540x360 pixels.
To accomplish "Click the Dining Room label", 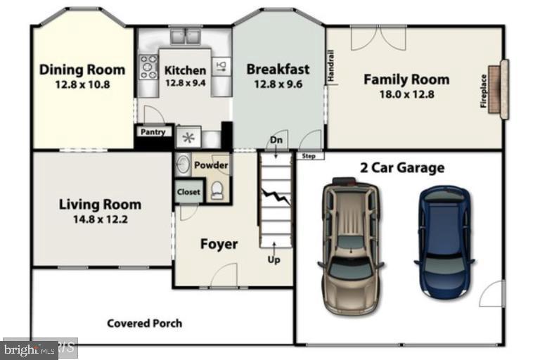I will (82, 70).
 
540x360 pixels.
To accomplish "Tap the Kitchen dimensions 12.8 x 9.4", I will (185, 82).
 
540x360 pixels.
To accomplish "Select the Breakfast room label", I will (278, 69).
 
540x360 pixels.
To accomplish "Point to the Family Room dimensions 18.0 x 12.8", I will (406, 94).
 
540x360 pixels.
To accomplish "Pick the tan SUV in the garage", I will (349, 247).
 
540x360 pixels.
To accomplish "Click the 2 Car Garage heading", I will (401, 167).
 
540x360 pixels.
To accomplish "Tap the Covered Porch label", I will (144, 323).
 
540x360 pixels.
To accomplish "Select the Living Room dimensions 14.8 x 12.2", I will (99, 219).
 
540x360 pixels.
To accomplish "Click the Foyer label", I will (219, 244).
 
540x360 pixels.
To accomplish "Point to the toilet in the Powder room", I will (218, 189).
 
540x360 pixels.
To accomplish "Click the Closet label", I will (188, 192).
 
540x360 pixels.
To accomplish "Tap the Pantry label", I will (153, 131).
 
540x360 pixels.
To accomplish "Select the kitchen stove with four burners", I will (149, 67).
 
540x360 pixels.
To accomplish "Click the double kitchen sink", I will (185, 35).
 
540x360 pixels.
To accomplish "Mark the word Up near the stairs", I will (274, 259).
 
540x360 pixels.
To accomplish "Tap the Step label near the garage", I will (307, 156).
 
